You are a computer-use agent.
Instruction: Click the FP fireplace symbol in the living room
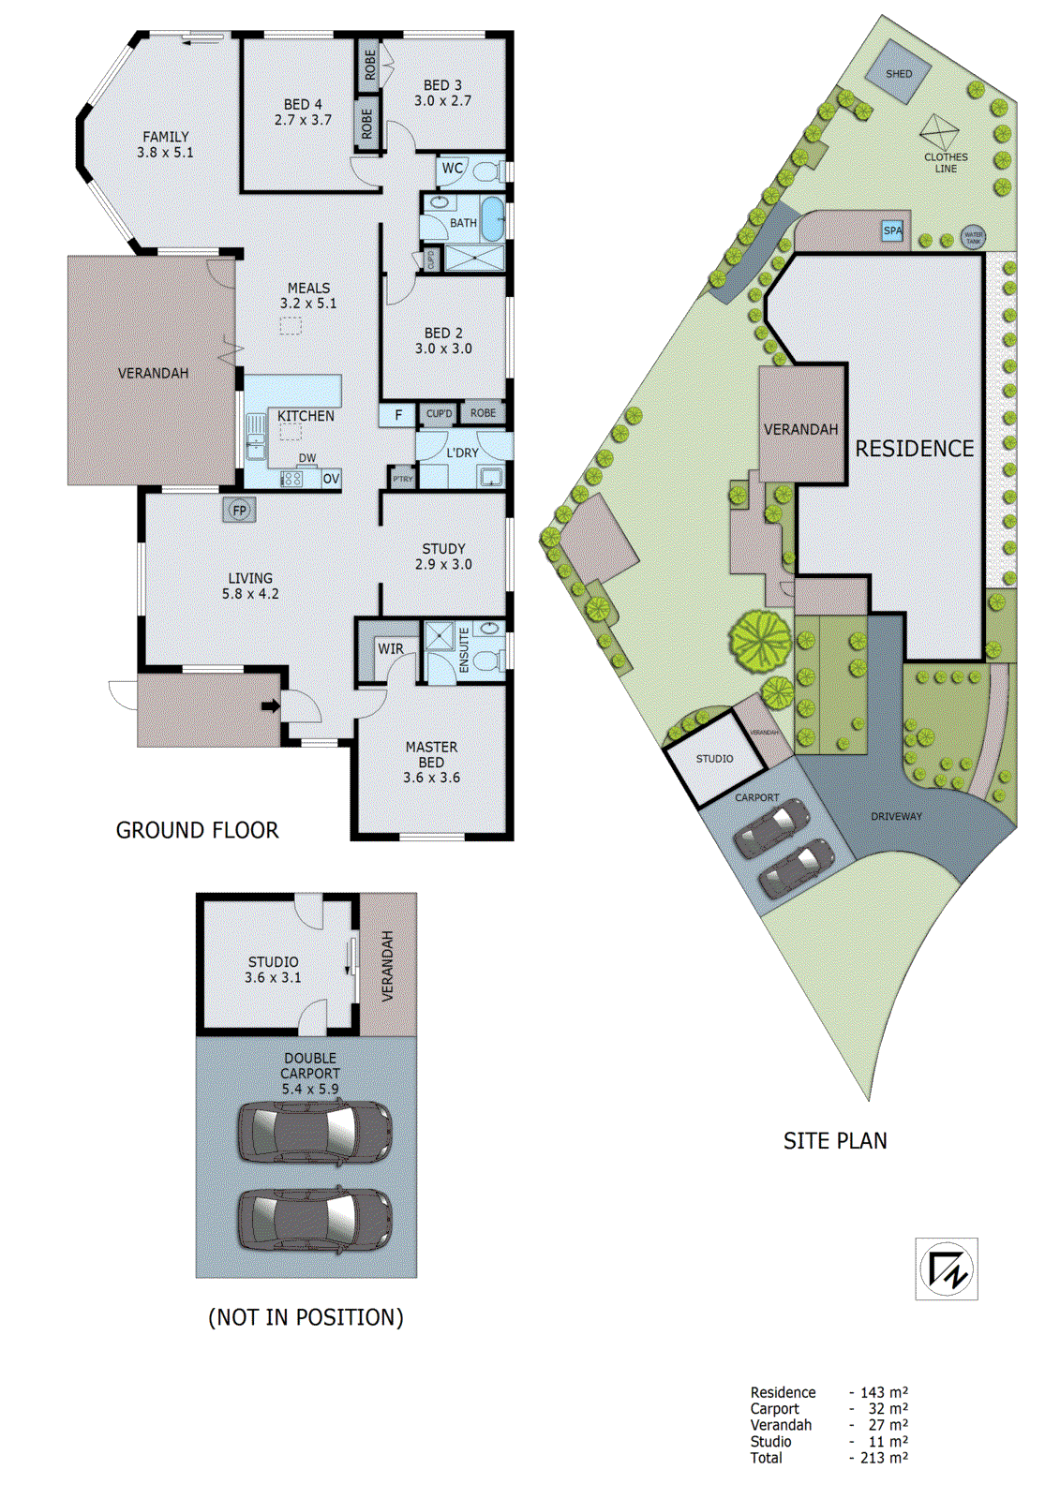[x=239, y=511]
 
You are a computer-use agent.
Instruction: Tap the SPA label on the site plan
[x=893, y=230]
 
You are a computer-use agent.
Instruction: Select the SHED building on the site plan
[x=898, y=73]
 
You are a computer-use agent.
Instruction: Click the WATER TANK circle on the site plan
[x=973, y=237]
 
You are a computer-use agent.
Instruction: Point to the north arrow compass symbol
[x=947, y=1269]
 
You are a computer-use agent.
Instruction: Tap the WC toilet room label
[x=452, y=169]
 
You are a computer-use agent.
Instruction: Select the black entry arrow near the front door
[x=270, y=706]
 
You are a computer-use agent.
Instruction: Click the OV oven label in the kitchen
[x=331, y=479]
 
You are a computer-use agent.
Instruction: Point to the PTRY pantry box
[x=403, y=479]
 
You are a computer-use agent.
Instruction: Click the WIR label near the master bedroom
[x=390, y=648]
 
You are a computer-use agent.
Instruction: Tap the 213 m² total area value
[x=884, y=1458]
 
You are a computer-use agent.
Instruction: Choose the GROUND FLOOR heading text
[x=197, y=830]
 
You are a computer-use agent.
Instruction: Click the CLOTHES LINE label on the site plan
[x=946, y=163]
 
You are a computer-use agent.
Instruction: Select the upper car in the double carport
[x=314, y=1132]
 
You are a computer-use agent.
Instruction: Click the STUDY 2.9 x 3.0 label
[x=443, y=557]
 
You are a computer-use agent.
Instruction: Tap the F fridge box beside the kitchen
[x=398, y=415]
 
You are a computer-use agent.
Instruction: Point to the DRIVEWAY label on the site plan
[x=896, y=816]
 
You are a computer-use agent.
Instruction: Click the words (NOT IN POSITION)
[x=306, y=1317]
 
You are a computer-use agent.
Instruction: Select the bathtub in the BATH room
[x=492, y=219]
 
